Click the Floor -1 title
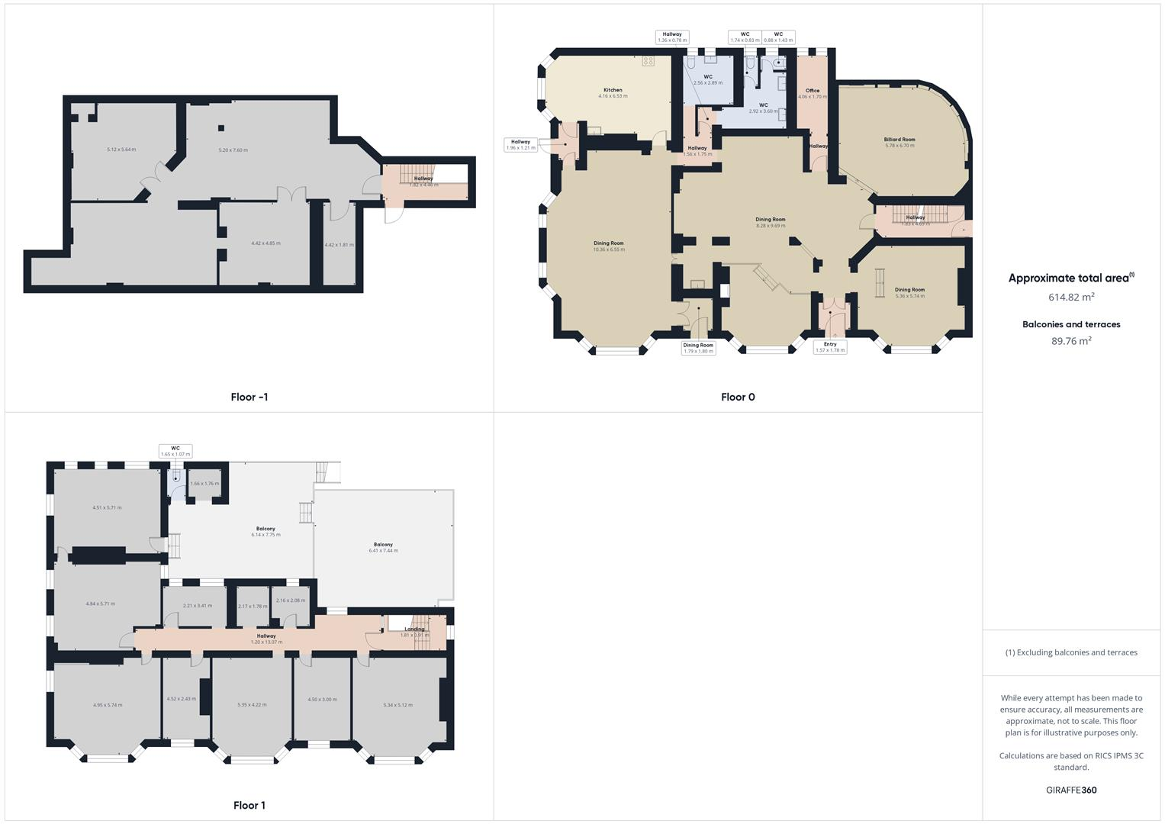249,397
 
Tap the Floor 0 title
737,397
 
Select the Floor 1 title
249,805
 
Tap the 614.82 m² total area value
1071,297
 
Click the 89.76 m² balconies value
1071,341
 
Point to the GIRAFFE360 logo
1071,790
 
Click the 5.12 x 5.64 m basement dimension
121,150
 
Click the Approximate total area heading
1071,278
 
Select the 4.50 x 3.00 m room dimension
322,700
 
